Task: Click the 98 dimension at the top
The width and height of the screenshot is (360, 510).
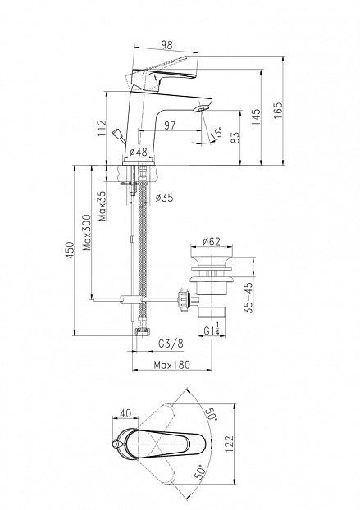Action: pyautogui.click(x=166, y=45)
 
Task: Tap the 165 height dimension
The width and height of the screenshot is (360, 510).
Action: pyautogui.click(x=278, y=111)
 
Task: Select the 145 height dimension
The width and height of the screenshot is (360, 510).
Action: pyautogui.click(x=256, y=117)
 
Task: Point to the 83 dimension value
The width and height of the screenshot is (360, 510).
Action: pyautogui.click(x=236, y=137)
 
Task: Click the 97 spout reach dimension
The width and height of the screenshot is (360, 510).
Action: pyautogui.click(x=170, y=125)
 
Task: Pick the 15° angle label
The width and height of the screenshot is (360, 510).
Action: pyautogui.click(x=216, y=134)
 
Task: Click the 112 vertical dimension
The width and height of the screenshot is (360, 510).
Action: pyautogui.click(x=102, y=128)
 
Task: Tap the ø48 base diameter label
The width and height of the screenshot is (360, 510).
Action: pyautogui.click(x=139, y=152)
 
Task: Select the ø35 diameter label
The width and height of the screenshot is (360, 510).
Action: pyautogui.click(x=164, y=198)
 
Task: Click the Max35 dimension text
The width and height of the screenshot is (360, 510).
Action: pyautogui.click(x=103, y=206)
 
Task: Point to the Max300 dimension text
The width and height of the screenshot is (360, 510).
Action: pyautogui.click(x=87, y=232)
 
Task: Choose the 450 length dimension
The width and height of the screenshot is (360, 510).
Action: pyautogui.click(x=70, y=250)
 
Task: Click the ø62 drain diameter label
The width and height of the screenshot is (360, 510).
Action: pyautogui.click(x=212, y=241)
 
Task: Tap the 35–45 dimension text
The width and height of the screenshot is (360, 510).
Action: pyautogui.click(x=248, y=298)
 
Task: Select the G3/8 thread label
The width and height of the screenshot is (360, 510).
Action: pyautogui.click(x=171, y=344)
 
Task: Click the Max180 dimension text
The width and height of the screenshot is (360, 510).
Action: pyautogui.click(x=171, y=365)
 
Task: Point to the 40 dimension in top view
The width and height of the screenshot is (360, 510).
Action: pyautogui.click(x=125, y=413)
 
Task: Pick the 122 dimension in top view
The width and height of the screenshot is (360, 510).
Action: pyautogui.click(x=229, y=444)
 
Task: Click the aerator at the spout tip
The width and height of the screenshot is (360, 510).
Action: pyautogui.click(x=202, y=107)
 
